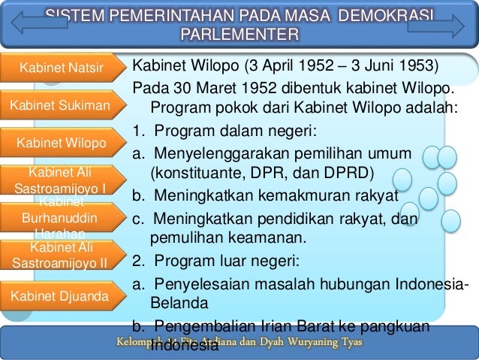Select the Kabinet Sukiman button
tap(59, 107)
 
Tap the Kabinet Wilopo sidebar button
tap(61, 143)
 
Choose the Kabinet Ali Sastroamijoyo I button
tap(59, 179)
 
